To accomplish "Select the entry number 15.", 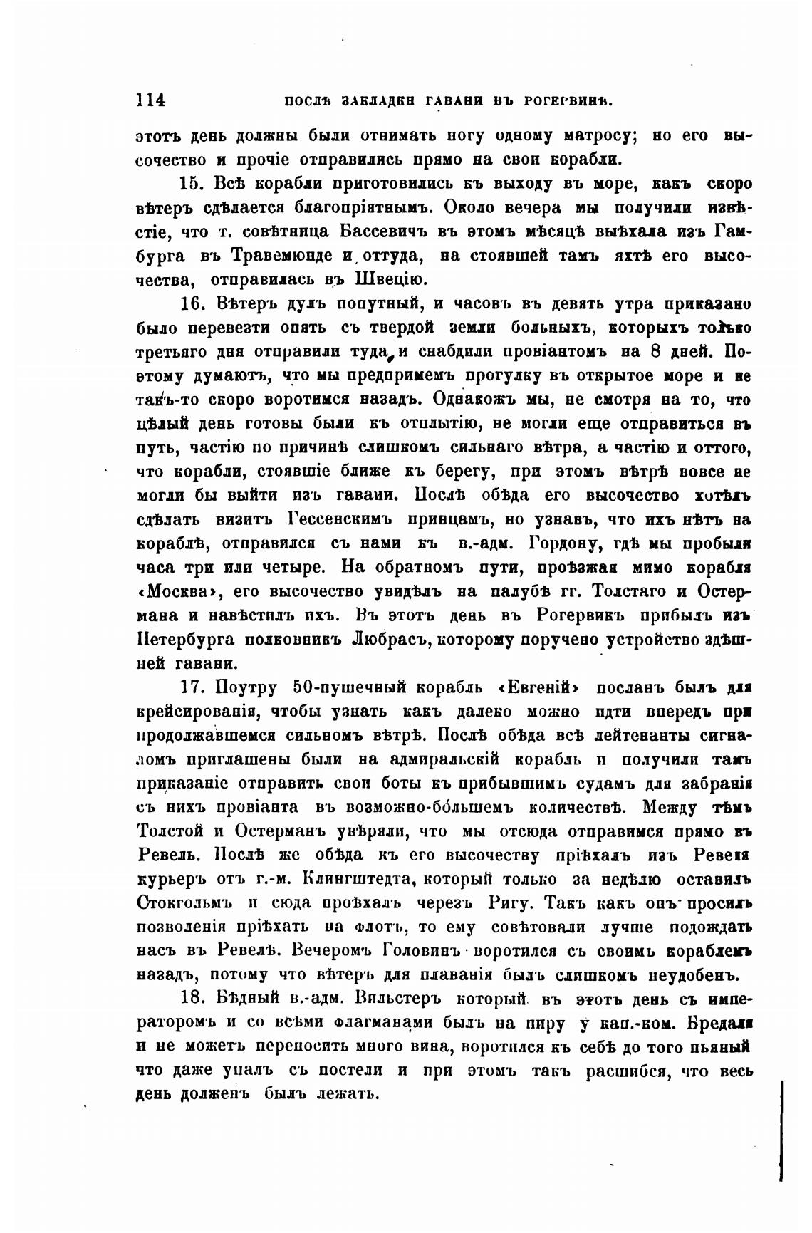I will (x=192, y=183).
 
